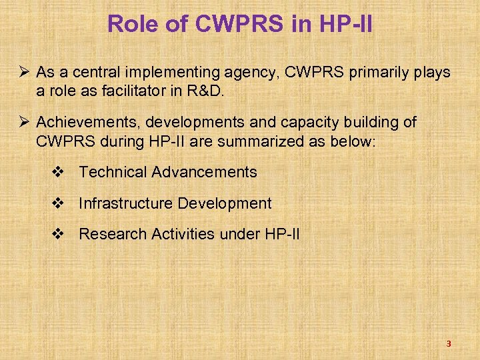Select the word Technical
click(113, 172)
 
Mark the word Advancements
click(204, 172)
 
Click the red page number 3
click(449, 344)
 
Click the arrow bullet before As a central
click(24, 72)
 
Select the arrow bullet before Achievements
click(24, 123)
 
